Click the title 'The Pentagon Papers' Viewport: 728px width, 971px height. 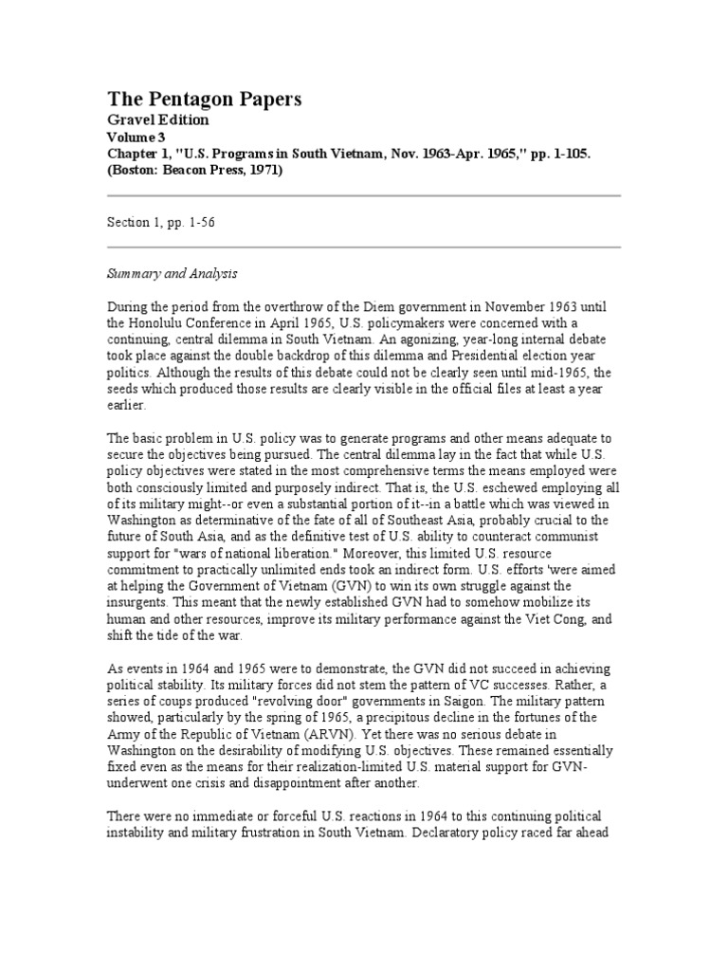point(203,100)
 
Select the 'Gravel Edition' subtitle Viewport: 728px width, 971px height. point(157,120)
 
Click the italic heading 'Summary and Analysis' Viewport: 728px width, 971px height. point(171,273)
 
